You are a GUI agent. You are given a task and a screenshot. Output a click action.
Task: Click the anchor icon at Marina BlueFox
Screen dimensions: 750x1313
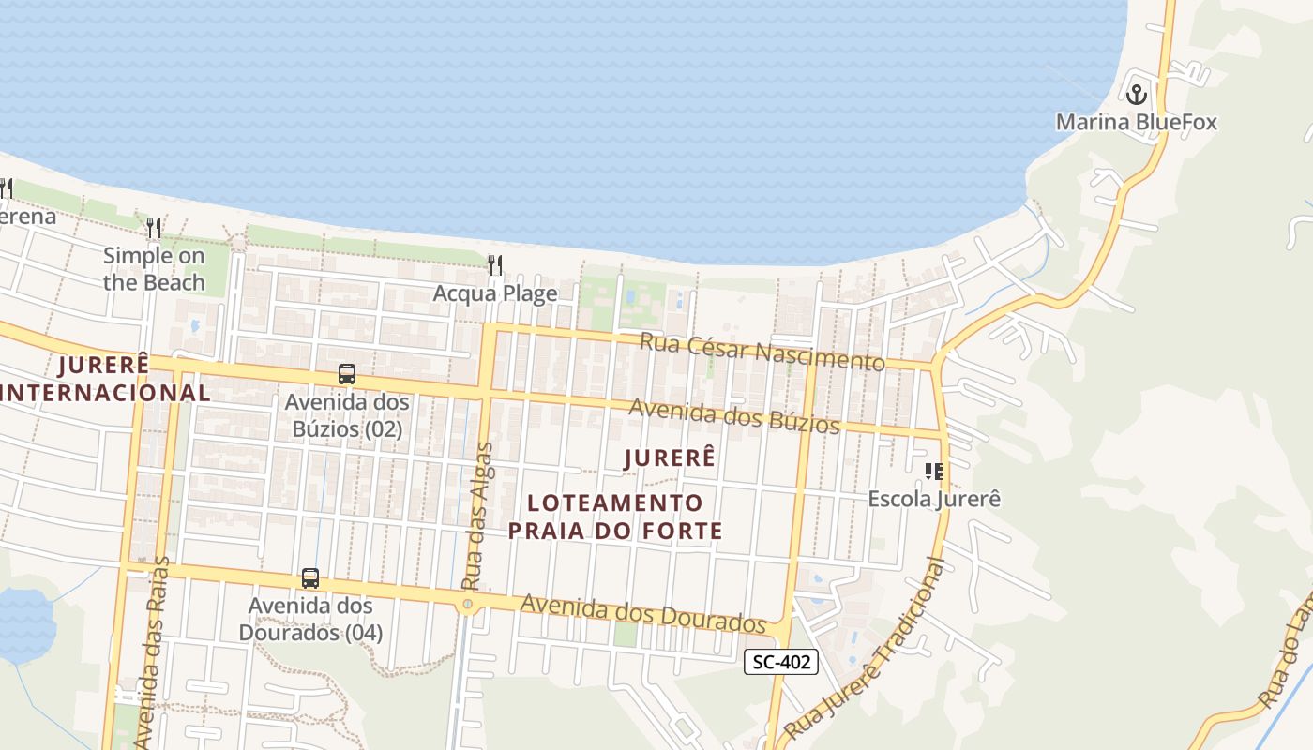point(1137,94)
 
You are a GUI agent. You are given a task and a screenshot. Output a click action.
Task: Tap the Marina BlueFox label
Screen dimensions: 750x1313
point(1137,122)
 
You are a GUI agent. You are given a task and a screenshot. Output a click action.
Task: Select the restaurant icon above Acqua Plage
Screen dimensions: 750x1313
point(495,265)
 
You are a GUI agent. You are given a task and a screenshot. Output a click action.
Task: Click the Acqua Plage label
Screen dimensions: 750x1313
point(495,293)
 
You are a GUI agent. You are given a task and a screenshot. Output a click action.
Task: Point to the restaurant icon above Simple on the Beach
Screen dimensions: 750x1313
point(154,227)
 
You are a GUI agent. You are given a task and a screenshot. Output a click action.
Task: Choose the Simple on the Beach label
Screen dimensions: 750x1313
point(154,268)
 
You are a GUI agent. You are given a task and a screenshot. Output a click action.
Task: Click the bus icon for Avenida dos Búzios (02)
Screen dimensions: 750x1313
point(347,374)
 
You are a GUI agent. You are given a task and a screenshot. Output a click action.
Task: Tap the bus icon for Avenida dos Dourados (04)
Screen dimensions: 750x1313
point(310,578)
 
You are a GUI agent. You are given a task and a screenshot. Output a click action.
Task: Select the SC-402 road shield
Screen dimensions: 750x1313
point(781,663)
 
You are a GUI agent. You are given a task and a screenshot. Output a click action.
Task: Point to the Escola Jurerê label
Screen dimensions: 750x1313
point(934,499)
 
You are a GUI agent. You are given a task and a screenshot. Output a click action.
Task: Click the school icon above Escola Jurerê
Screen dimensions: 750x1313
point(933,471)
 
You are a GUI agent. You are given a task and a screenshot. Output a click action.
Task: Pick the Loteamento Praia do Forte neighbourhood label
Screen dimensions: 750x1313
point(615,517)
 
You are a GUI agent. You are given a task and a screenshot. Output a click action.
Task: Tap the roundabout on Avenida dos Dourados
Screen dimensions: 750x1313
point(467,606)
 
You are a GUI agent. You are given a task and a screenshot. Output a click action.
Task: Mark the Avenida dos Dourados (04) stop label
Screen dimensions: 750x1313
point(310,619)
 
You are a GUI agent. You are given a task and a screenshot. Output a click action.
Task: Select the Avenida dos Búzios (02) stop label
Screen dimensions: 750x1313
point(347,415)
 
